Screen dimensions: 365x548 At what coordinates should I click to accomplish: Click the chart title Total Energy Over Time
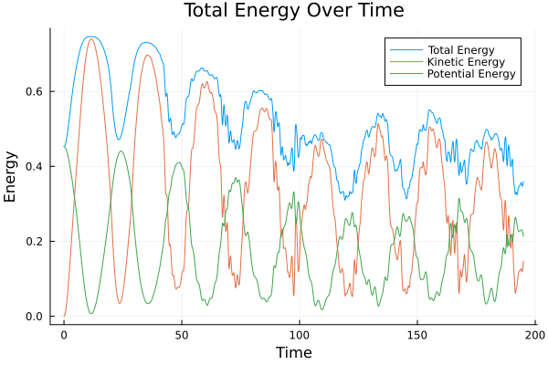pos(280,11)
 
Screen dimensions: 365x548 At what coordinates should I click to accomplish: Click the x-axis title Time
pos(293,352)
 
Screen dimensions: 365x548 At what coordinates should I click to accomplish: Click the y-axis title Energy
pos(11,176)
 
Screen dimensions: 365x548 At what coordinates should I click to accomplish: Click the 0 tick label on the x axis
pos(64,334)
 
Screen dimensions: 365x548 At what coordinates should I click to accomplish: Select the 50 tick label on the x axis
pos(181,334)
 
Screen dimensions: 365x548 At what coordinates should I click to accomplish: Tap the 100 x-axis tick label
pos(299,334)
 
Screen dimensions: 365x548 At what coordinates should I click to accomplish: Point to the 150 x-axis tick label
pos(416,334)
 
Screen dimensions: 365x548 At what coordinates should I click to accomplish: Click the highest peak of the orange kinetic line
pos(90,39)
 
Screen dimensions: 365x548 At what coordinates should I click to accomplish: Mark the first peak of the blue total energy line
pos(90,36)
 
